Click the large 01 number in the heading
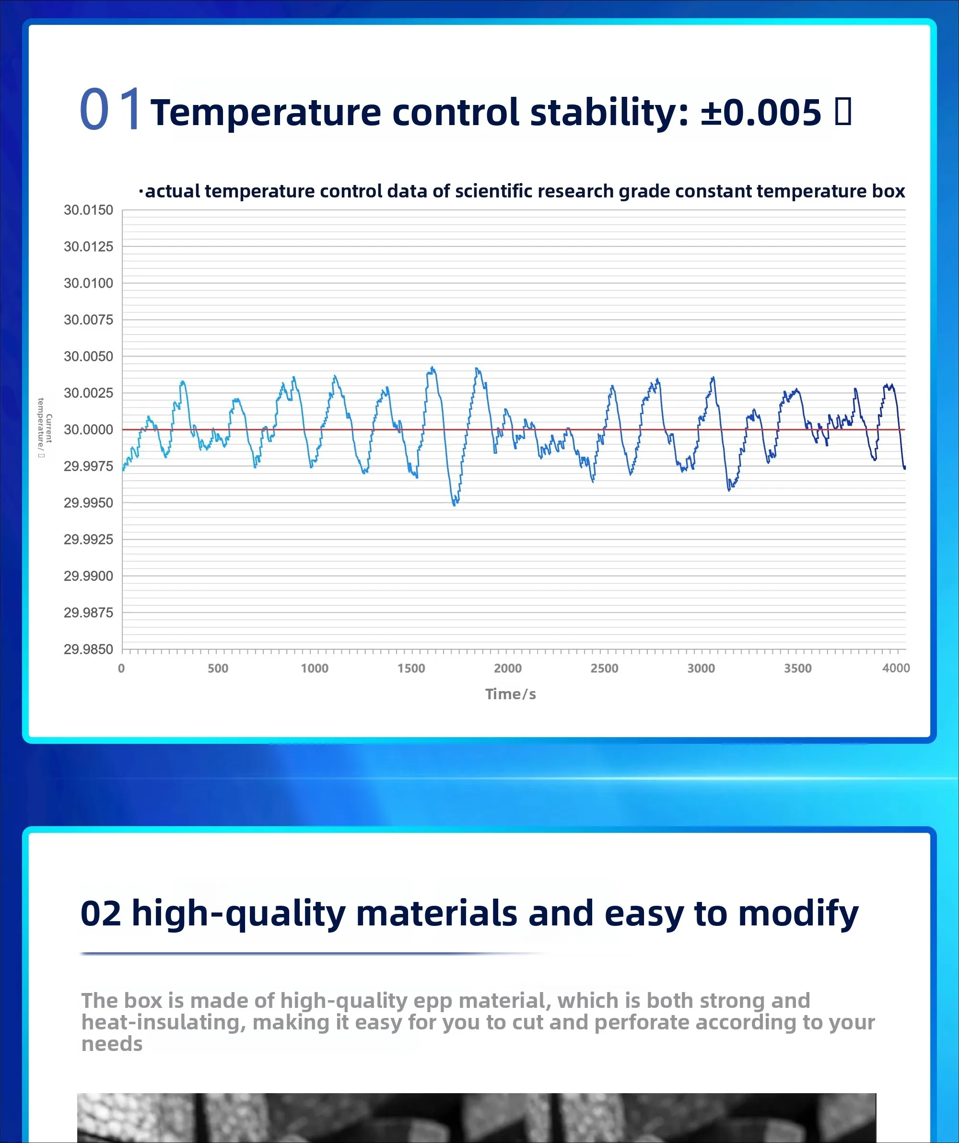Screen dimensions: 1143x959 click(111, 109)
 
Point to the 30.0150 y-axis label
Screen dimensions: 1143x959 click(88, 210)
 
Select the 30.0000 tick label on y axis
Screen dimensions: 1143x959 click(88, 429)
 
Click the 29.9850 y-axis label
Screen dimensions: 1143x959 click(88, 649)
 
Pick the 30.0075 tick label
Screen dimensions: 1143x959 click(88, 320)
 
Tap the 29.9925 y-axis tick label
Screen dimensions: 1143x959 click(88, 539)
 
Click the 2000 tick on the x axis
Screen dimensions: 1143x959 click(507, 669)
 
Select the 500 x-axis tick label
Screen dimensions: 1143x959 click(218, 669)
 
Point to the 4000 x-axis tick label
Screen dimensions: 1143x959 click(896, 668)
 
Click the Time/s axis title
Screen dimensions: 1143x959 click(510, 694)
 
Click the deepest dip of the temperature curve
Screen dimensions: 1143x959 click(454, 504)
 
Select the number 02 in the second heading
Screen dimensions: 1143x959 click(101, 913)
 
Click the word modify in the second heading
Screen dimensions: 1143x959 click(798, 913)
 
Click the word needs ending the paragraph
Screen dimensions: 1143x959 click(112, 1044)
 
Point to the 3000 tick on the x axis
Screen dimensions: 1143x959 click(701, 669)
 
